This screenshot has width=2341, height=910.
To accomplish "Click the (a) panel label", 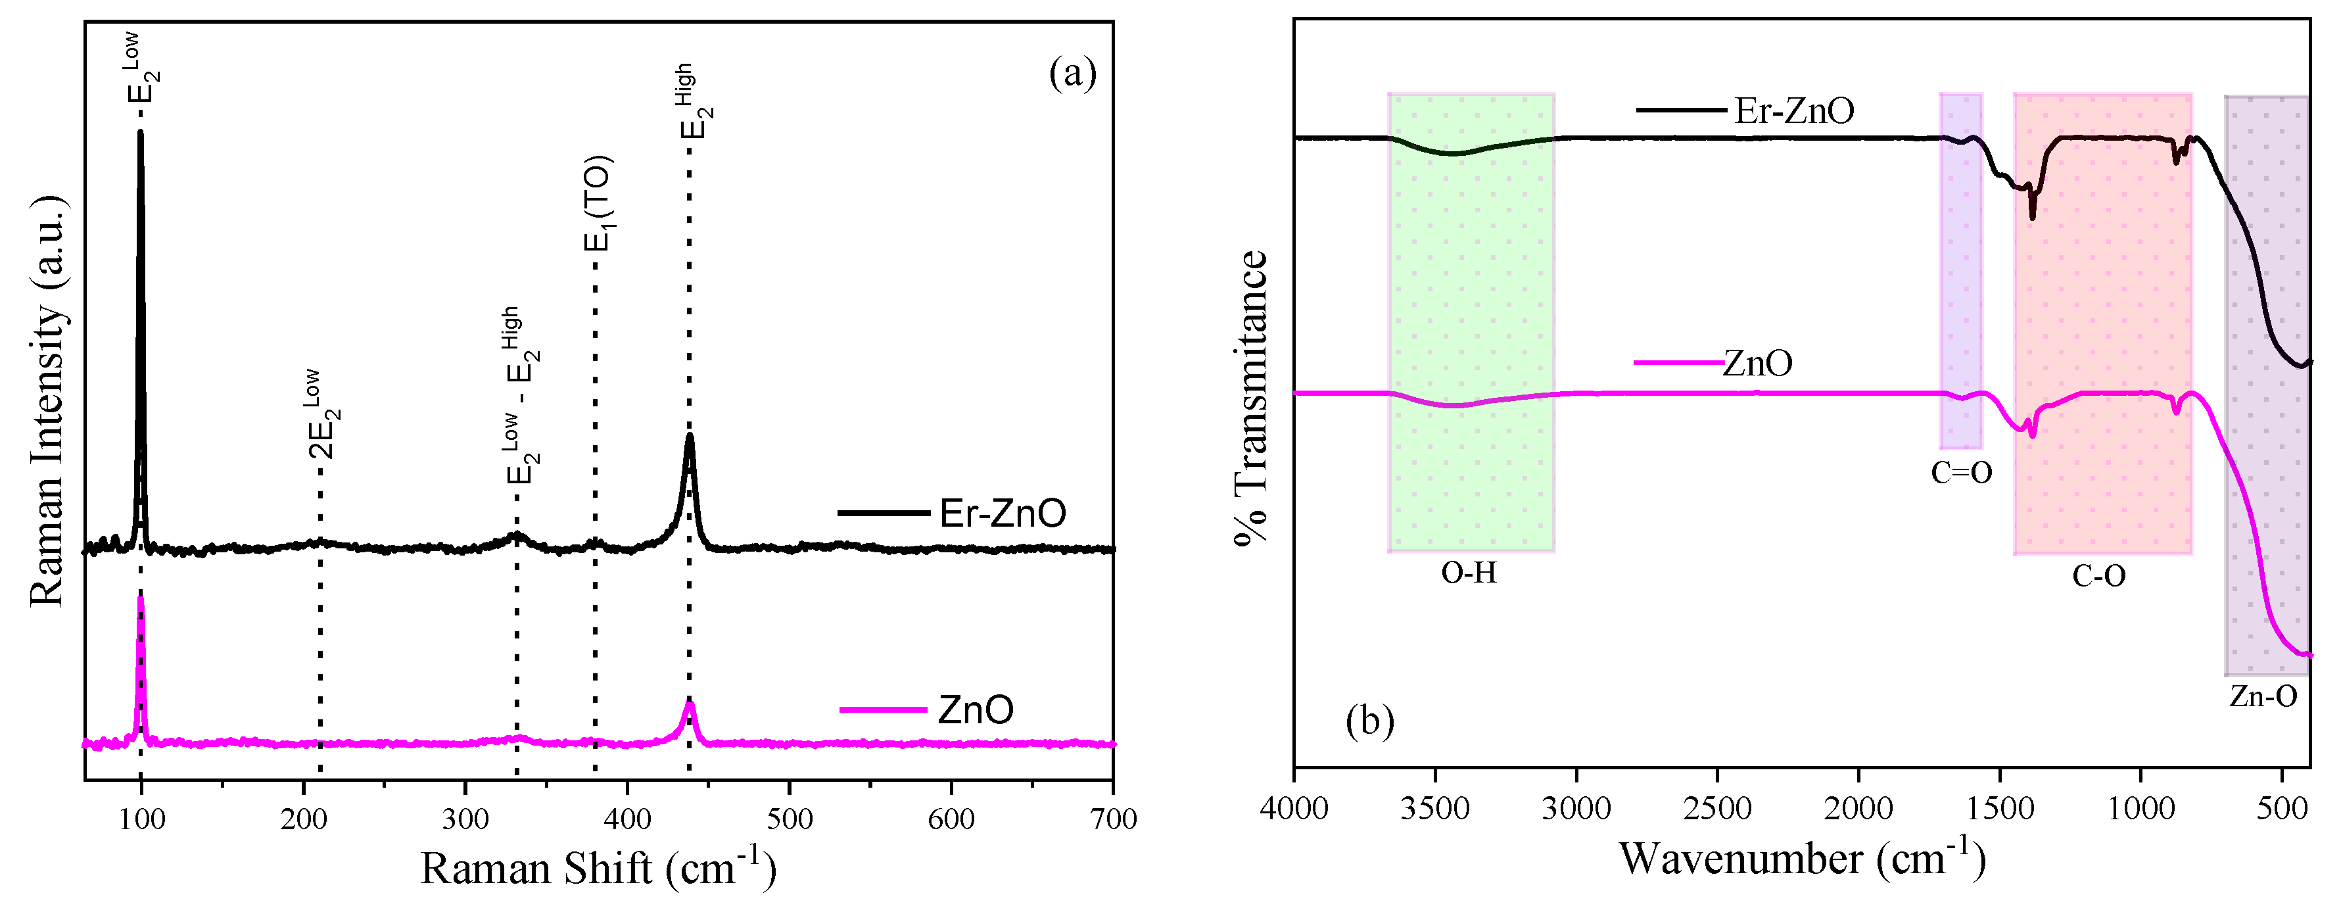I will (x=1072, y=73).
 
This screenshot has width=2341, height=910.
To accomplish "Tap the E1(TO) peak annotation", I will (x=598, y=204).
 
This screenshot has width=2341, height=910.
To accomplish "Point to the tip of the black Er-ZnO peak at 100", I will (x=140, y=133).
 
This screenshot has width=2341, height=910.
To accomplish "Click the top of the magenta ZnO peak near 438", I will (x=690, y=704).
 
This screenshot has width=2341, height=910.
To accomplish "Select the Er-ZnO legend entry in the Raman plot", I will (x=1001, y=514).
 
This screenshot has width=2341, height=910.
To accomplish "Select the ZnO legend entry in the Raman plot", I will (x=974, y=709).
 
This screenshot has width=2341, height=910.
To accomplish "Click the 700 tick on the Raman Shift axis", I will (x=1113, y=819).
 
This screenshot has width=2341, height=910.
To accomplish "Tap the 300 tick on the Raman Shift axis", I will (x=465, y=819).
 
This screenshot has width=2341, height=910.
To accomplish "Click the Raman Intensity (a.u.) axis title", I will (x=47, y=400).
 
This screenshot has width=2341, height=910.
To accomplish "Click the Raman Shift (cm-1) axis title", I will (x=598, y=867).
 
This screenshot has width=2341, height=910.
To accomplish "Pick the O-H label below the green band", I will (x=1469, y=573).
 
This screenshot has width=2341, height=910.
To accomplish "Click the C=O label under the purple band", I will (x=1961, y=472).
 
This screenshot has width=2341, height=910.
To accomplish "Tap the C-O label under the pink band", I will (x=2099, y=575).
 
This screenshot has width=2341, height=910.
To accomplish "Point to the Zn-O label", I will (x=2263, y=696).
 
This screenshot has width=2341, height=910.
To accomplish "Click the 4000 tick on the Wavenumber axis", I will (x=1295, y=807).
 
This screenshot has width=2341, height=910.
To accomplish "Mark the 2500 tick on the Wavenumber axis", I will (x=1718, y=807).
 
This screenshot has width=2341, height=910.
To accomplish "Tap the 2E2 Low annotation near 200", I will (x=323, y=414).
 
